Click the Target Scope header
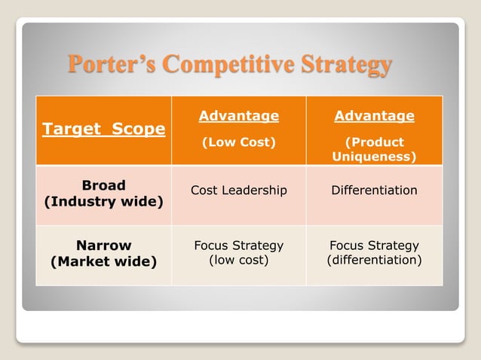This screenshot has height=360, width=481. [x=103, y=129]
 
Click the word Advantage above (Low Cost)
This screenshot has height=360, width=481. [x=238, y=116]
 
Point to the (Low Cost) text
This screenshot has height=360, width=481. [x=238, y=142]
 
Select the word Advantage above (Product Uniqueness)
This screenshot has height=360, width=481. [x=374, y=116]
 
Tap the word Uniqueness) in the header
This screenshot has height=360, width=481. [x=374, y=157]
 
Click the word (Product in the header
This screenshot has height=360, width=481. [x=374, y=142]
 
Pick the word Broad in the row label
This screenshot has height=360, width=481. [x=103, y=185]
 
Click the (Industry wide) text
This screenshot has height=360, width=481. [x=103, y=202]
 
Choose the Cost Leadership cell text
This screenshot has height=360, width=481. [x=238, y=191]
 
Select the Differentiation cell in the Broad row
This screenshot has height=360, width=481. [x=374, y=191]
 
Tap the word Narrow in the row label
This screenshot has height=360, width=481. [x=103, y=246]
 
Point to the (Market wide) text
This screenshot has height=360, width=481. [x=103, y=262]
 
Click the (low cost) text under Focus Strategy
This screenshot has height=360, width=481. [x=238, y=260]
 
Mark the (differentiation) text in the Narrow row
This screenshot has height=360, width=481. [x=374, y=260]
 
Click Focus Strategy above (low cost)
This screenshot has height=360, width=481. [x=238, y=246]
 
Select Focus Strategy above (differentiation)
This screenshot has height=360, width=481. [x=374, y=246]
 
